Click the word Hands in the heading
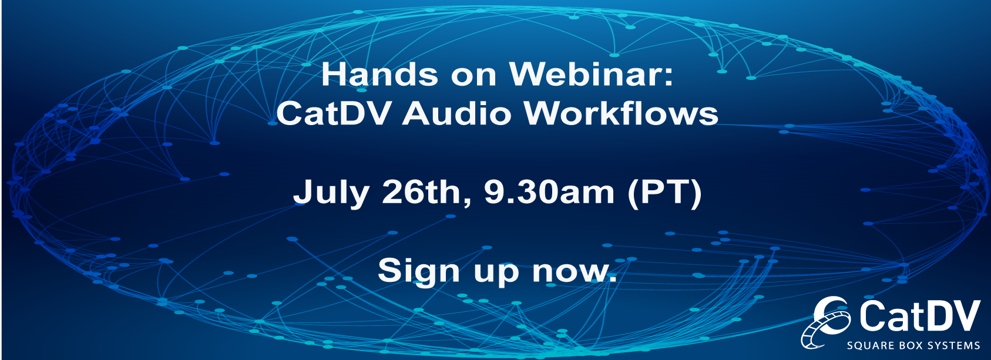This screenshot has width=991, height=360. (x=379, y=74)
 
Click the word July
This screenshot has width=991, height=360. (x=331, y=192)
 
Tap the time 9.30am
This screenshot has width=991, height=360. (x=549, y=192)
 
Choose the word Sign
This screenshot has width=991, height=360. (x=418, y=271)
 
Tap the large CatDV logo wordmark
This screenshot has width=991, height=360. (x=919, y=315)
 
